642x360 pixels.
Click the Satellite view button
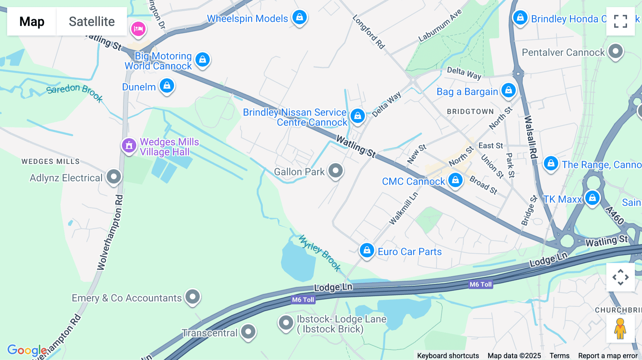pyautogui.click(x=92, y=21)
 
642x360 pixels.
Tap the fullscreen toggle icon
pyautogui.click(x=620, y=21)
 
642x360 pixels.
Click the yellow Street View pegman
pyautogui.click(x=620, y=329)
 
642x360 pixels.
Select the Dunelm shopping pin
pyautogui.click(x=167, y=86)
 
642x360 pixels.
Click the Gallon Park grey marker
pyautogui.click(x=335, y=171)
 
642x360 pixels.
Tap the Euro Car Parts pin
pyautogui.click(x=367, y=251)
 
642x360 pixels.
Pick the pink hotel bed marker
pyautogui.click(x=138, y=29)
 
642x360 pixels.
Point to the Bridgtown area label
pyautogui.click(x=470, y=112)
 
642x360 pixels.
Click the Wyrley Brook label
pyautogui.click(x=320, y=253)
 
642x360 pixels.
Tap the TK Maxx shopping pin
pyautogui.click(x=592, y=198)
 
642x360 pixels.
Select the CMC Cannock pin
pyautogui.click(x=455, y=180)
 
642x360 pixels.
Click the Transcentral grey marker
pyautogui.click(x=248, y=332)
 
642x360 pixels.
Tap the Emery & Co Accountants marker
pyautogui.click(x=193, y=297)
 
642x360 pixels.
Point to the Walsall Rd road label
pyautogui.click(x=530, y=137)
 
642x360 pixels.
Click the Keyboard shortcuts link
pyautogui.click(x=448, y=355)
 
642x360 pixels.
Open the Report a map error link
pyautogui.click(x=608, y=355)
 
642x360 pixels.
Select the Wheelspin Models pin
pyautogui.click(x=299, y=17)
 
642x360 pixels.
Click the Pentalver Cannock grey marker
pyautogui.click(x=615, y=51)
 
